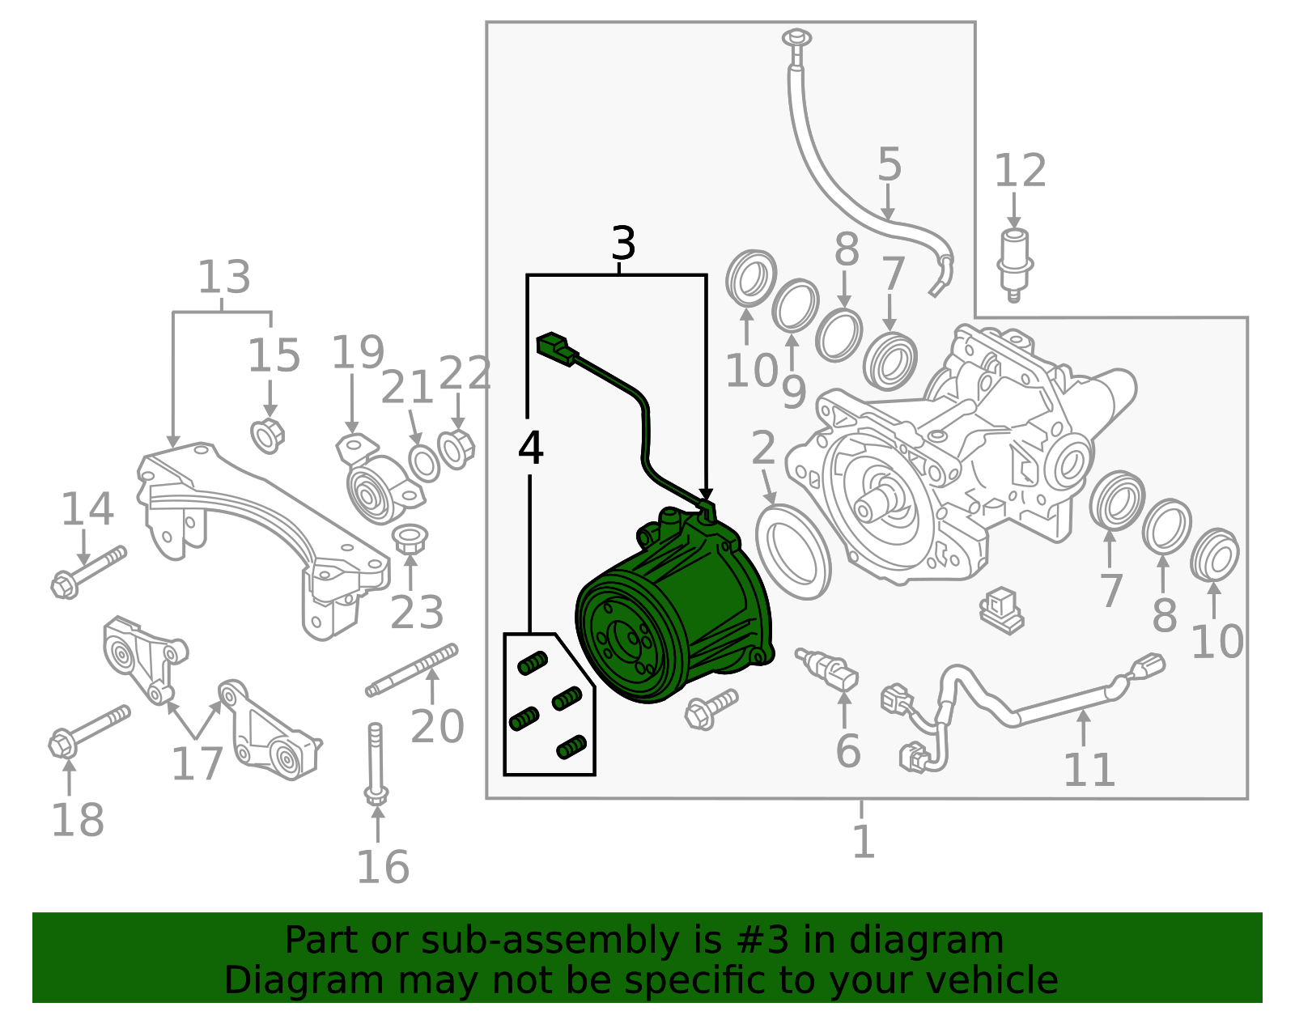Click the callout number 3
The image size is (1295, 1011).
click(622, 243)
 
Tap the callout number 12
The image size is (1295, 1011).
click(1020, 171)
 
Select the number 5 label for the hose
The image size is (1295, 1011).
click(889, 165)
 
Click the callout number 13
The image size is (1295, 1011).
click(223, 278)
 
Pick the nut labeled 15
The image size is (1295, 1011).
click(268, 435)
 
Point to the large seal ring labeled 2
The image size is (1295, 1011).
click(793, 551)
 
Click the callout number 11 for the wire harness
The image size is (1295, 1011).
click(1089, 770)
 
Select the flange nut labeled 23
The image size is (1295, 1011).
click(410, 539)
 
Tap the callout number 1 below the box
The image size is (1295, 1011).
click(864, 842)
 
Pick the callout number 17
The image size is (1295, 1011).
click(197, 763)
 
